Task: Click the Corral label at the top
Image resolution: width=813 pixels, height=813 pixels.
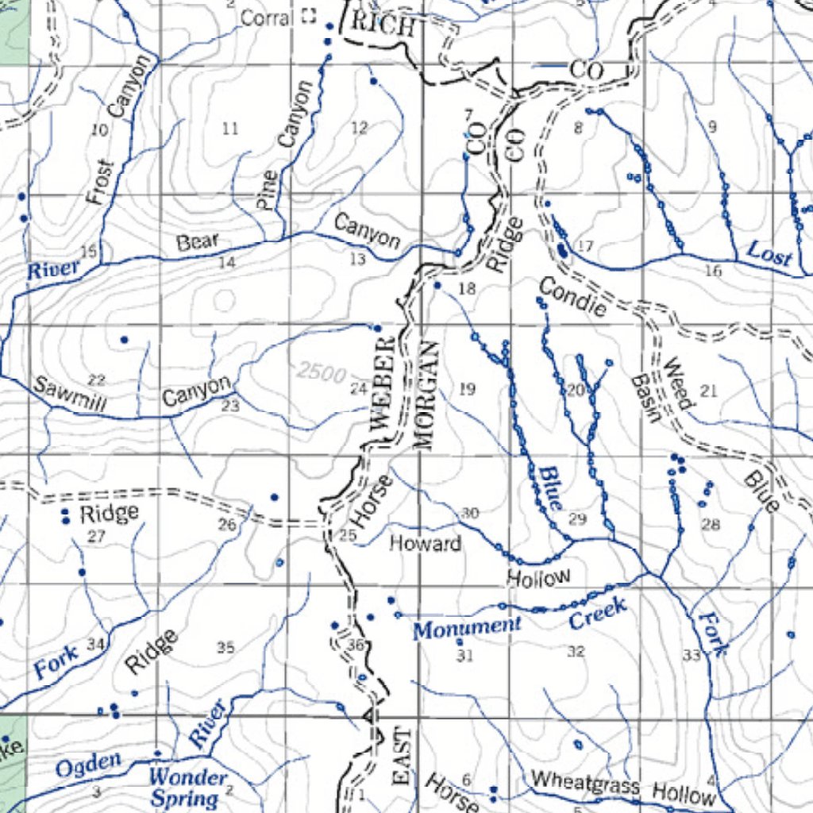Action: coord(267,17)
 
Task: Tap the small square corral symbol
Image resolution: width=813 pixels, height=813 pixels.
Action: coord(309,17)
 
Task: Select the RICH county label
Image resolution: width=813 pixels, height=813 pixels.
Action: coord(383,25)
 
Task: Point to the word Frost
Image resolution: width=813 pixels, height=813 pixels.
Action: coord(101,183)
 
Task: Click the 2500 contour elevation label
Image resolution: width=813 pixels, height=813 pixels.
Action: coord(322,372)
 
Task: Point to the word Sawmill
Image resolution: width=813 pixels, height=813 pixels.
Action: coord(69,395)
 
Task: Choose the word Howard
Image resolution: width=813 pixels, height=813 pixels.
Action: coord(425,544)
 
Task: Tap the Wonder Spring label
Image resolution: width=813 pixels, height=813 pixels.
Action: coord(187,788)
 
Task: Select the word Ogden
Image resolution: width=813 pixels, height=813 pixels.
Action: coord(88,765)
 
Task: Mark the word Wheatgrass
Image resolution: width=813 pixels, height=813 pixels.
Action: coord(585,784)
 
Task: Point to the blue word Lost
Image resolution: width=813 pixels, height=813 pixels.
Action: coord(769,255)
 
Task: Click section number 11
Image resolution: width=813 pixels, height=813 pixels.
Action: coord(230,129)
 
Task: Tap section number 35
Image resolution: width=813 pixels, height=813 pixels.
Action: coord(225,649)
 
